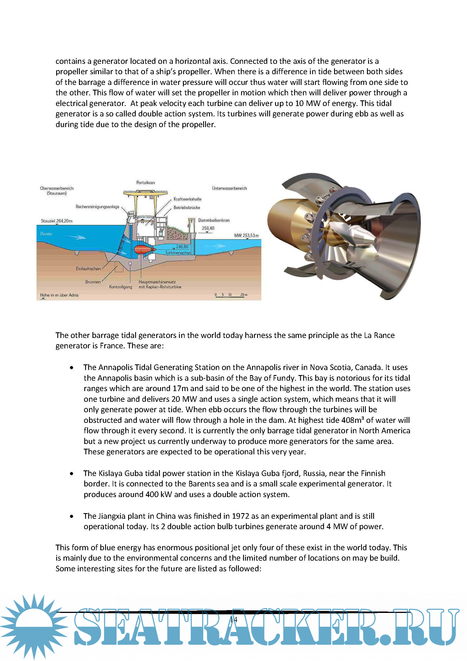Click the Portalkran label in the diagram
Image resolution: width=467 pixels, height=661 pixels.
145,182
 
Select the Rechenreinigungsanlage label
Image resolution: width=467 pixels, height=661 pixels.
97,207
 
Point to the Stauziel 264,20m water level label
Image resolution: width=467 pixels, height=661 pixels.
57,221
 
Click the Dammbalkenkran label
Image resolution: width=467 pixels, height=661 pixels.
214,220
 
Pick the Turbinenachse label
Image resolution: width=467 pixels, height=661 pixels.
178,253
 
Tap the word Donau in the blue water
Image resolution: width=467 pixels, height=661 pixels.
46,233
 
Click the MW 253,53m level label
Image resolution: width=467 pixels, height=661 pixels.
246,236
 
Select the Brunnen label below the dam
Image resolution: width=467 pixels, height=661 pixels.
93,282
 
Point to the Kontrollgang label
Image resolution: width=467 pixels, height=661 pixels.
121,287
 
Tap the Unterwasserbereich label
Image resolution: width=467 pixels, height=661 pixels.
229,188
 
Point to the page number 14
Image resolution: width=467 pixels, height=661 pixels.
233,620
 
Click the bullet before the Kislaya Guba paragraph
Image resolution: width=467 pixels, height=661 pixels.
72,473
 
